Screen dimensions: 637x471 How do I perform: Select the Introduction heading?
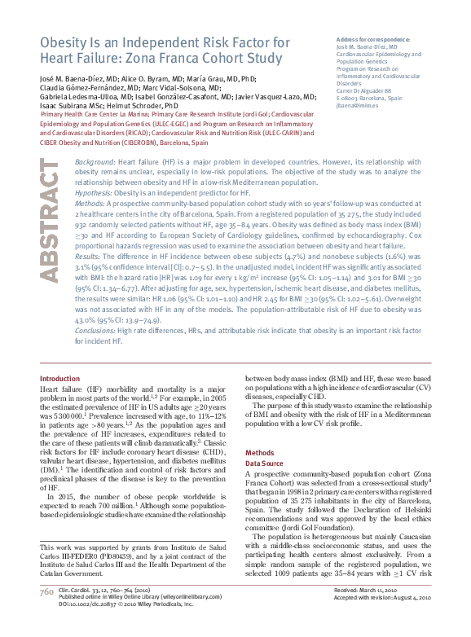(60, 379)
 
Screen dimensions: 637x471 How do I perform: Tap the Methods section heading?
(260, 452)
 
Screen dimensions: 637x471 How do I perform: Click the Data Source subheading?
(266, 463)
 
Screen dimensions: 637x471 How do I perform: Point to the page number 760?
(46, 614)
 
